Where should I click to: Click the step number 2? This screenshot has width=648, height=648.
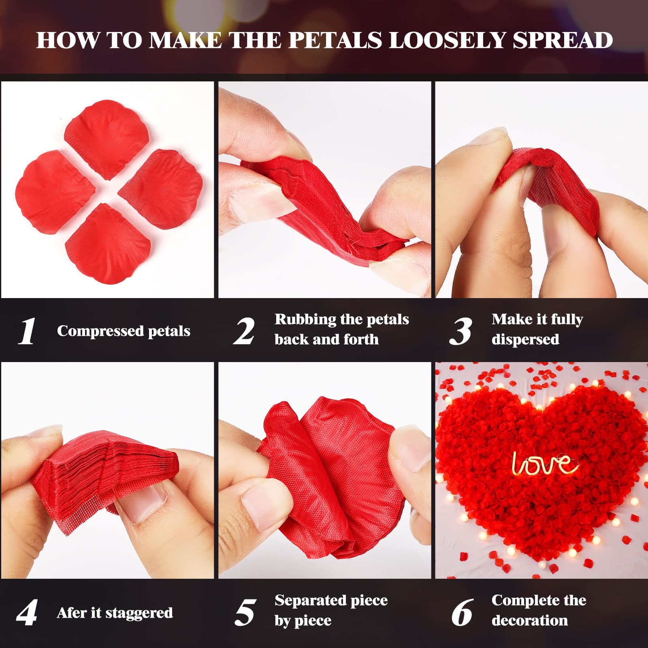click(x=244, y=331)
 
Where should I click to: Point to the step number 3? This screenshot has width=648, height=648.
click(x=461, y=331)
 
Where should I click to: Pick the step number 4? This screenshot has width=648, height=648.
click(x=27, y=612)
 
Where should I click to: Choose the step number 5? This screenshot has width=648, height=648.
click(x=245, y=612)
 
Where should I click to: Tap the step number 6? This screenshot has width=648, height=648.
click(x=462, y=612)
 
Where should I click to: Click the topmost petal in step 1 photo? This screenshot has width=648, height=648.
click(x=107, y=138)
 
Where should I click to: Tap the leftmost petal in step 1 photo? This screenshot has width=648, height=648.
click(x=55, y=190)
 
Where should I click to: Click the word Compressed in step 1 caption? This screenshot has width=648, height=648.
click(x=100, y=331)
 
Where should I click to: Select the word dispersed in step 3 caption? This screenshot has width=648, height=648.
click(x=525, y=339)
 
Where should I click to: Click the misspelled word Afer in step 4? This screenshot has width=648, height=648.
click(x=72, y=613)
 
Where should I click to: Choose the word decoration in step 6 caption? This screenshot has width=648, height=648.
click(x=530, y=620)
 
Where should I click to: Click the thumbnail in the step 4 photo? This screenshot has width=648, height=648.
click(x=146, y=502)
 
